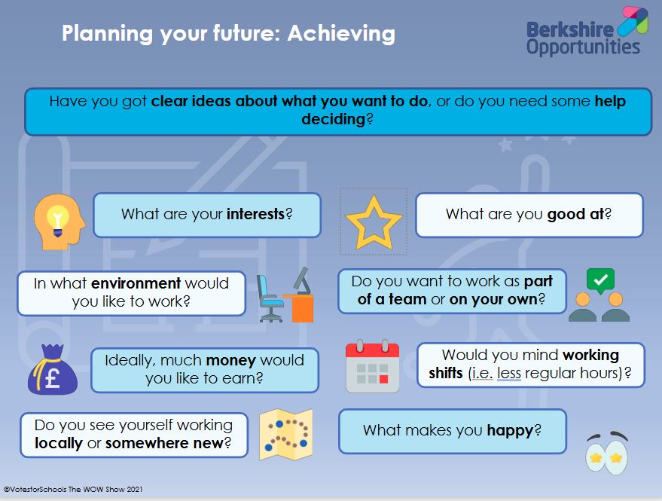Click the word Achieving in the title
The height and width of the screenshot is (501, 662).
(341, 34)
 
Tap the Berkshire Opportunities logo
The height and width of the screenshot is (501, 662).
(587, 32)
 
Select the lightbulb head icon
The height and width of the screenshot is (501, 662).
(59, 221)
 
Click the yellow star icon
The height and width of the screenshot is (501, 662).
(374, 222)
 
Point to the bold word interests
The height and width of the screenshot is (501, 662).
(255, 214)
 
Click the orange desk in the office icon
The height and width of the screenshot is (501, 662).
(300, 307)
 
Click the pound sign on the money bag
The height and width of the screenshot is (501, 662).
(53, 377)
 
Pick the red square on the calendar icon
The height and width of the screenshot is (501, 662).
(384, 379)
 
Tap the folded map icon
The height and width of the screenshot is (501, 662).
(286, 435)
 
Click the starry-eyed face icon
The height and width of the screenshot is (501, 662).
(607, 453)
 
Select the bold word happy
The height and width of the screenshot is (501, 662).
(511, 431)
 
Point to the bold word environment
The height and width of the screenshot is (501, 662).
(136, 283)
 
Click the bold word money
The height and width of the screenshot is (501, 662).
(231, 360)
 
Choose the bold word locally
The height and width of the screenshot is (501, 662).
(59, 443)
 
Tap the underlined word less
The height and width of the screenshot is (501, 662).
(509, 373)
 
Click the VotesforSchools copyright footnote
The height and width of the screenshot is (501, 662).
(73, 490)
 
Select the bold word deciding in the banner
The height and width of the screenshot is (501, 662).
(334, 120)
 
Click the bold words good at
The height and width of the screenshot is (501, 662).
(576, 215)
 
